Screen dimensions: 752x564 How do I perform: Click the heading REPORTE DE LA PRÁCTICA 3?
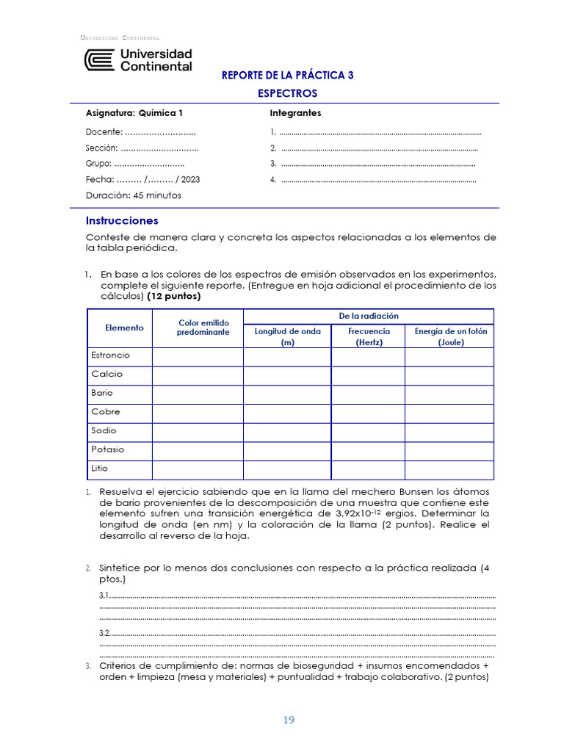(x=288, y=76)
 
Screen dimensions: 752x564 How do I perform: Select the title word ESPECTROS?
(x=288, y=94)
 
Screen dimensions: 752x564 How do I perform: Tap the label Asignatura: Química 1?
(x=134, y=113)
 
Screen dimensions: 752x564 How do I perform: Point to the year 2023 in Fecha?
(x=190, y=179)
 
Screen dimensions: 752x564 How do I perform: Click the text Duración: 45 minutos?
(x=134, y=195)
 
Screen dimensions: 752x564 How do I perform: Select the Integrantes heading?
(x=295, y=113)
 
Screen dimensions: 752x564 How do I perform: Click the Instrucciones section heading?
(x=122, y=220)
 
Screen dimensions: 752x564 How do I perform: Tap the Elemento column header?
(x=124, y=328)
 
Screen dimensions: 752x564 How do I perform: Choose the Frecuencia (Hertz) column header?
(x=369, y=336)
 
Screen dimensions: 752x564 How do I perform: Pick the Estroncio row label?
(x=110, y=355)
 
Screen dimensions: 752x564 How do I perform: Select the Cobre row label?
(x=106, y=412)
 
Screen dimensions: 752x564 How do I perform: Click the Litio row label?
(x=101, y=469)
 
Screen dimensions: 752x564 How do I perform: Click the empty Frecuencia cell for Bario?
(x=368, y=393)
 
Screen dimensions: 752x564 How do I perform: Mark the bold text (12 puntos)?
(x=174, y=297)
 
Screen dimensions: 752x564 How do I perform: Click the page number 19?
(x=288, y=720)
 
